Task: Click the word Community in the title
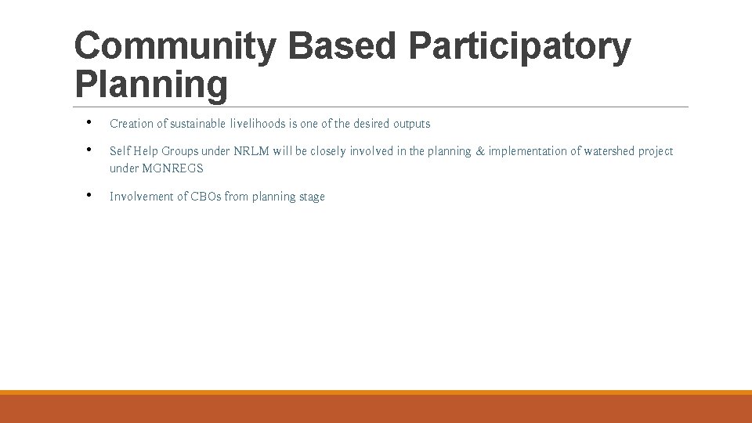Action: (x=174, y=47)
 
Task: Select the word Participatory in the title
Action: (x=519, y=47)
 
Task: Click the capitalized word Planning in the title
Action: (x=150, y=85)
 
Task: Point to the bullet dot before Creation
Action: (x=91, y=122)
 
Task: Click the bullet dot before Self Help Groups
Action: (x=91, y=150)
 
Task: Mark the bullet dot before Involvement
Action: (x=91, y=195)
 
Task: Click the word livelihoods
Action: (x=258, y=124)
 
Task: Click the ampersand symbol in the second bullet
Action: (x=479, y=151)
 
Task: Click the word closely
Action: (x=328, y=151)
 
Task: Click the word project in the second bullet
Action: (x=656, y=151)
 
